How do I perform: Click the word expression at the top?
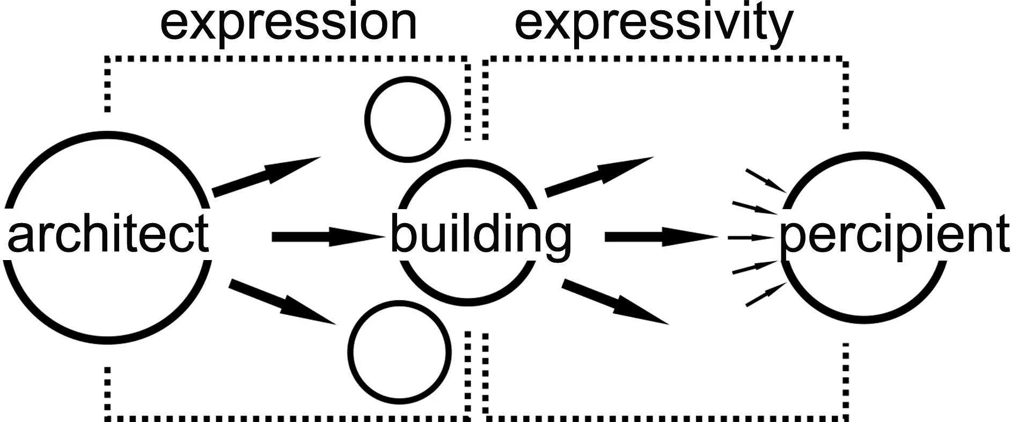(289, 24)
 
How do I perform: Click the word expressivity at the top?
(654, 24)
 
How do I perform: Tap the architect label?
(107, 235)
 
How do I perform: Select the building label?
(481, 236)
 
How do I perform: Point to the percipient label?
(894, 236)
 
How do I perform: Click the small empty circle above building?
(407, 119)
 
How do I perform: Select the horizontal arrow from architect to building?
(327, 236)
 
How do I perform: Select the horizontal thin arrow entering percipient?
(750, 237)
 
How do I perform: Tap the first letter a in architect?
(20, 236)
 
